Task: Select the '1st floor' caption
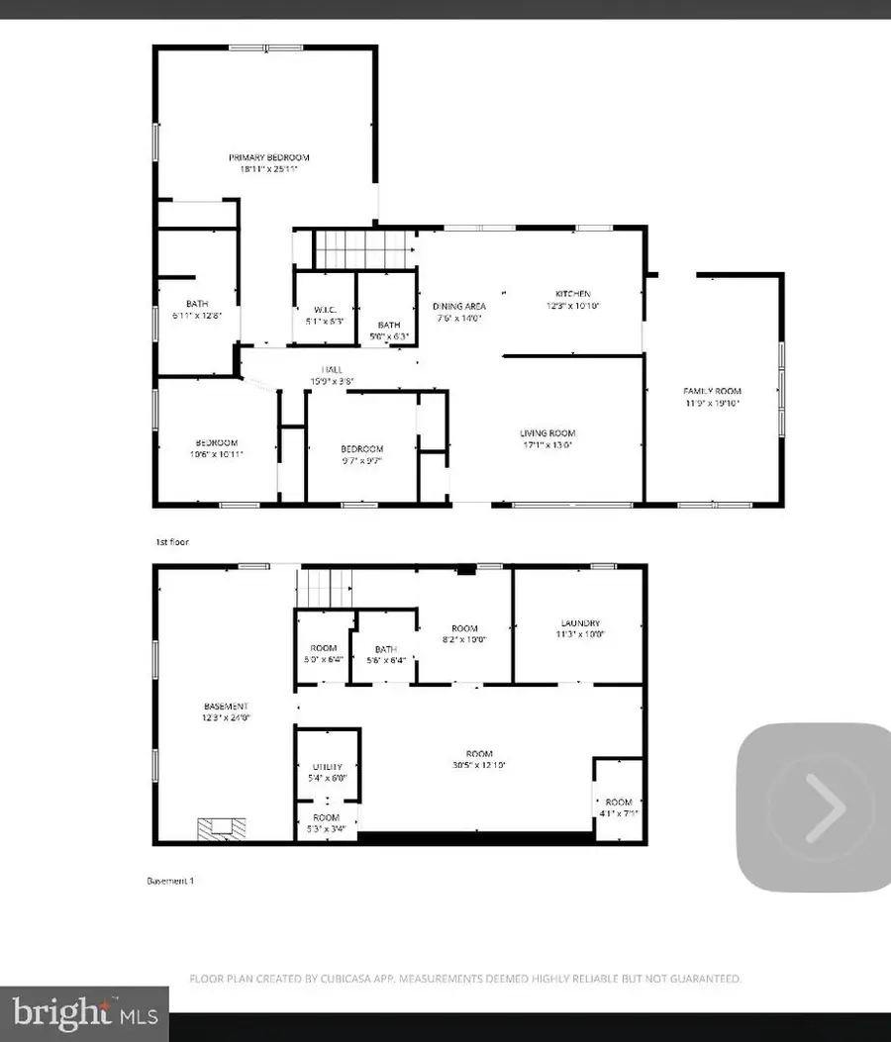171,542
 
